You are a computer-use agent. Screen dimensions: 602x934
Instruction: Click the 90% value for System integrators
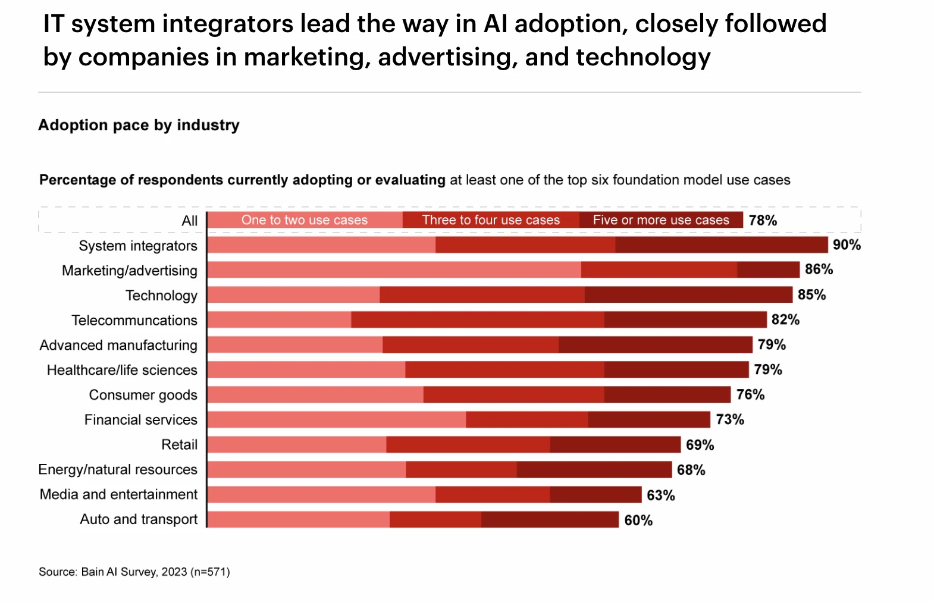click(847, 244)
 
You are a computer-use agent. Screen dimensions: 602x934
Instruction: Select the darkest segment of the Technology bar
click(688, 294)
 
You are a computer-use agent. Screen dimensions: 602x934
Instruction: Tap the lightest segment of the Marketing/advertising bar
click(394, 269)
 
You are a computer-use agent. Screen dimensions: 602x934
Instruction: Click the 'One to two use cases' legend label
click(305, 220)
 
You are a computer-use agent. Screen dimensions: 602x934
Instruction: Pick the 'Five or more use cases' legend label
click(660, 220)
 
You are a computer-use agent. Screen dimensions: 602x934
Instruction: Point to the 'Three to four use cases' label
click(491, 220)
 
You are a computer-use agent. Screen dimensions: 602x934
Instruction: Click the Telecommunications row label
click(134, 320)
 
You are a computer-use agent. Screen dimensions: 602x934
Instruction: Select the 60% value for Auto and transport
click(638, 521)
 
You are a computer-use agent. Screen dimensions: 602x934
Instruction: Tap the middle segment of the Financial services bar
click(527, 419)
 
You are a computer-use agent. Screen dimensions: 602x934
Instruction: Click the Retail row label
click(179, 444)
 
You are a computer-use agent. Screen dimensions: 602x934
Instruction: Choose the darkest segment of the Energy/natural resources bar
click(594, 469)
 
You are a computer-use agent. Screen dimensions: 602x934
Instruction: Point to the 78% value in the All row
click(763, 220)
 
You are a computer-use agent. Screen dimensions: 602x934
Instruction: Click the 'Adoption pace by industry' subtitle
click(139, 125)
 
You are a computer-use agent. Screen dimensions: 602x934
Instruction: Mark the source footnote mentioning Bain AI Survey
click(134, 572)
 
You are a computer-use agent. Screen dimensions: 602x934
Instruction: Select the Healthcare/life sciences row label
click(122, 370)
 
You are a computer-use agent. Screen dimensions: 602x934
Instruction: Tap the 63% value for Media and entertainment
click(660, 495)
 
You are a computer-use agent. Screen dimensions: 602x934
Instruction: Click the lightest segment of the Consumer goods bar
click(315, 394)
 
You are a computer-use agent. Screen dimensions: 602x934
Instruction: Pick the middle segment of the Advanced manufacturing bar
click(471, 344)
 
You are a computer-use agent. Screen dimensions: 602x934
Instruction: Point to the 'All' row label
click(189, 221)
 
